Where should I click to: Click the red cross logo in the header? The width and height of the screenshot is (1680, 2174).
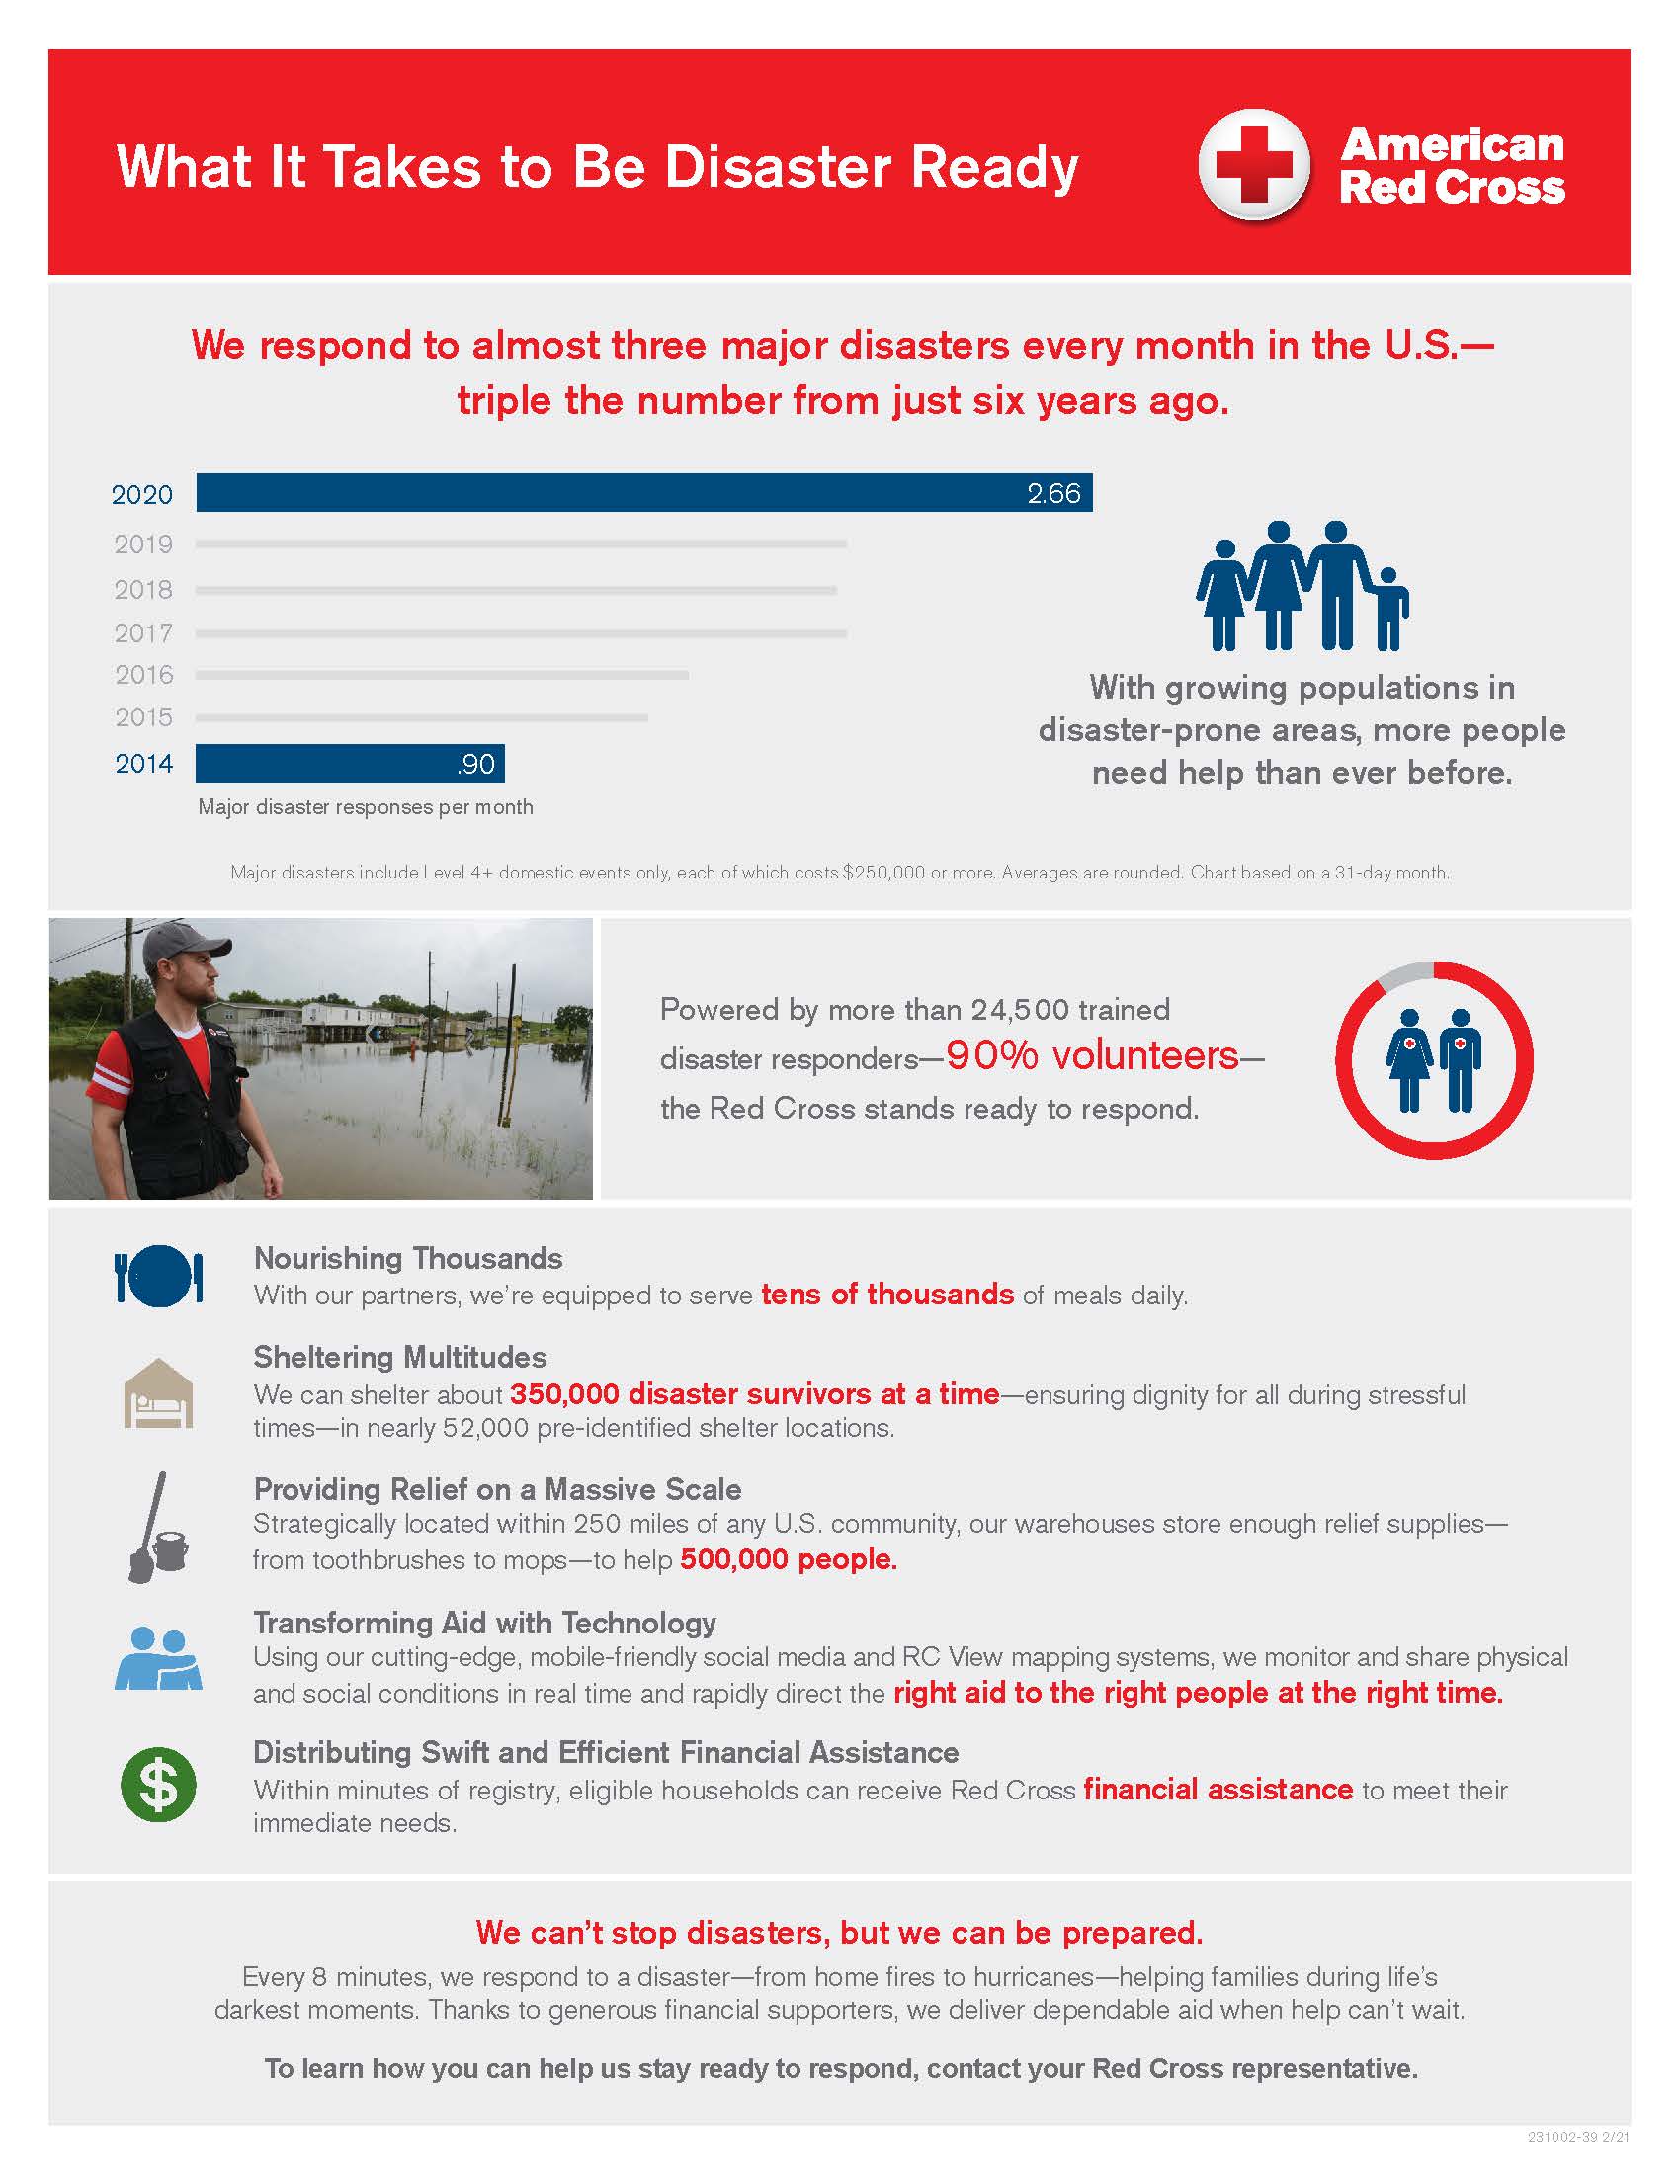point(1253,164)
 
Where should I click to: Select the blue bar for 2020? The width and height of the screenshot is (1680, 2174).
point(643,493)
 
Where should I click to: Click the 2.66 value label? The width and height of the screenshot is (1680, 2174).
point(1053,494)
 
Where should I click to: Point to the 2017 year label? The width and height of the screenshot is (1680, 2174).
point(143,633)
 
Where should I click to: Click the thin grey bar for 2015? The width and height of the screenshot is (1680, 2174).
point(421,717)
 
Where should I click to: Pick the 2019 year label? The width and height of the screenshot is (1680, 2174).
point(143,544)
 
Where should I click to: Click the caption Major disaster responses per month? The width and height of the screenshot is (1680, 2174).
point(366,807)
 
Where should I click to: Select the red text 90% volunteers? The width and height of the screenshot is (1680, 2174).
point(1092,1056)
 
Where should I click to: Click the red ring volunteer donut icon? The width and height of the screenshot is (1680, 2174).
point(1433,1060)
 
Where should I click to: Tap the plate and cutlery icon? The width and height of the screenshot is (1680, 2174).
point(159,1275)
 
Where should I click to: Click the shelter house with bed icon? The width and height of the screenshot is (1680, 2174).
point(158,1393)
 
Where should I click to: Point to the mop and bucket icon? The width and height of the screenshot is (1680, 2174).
point(157,1528)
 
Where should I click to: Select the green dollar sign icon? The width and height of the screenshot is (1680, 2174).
point(158,1785)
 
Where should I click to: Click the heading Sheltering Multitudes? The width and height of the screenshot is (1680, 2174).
point(399,1358)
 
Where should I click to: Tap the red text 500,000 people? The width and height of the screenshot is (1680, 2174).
point(789,1559)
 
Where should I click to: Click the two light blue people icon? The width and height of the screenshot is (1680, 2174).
point(158,1658)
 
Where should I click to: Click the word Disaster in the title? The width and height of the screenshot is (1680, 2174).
point(778,166)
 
